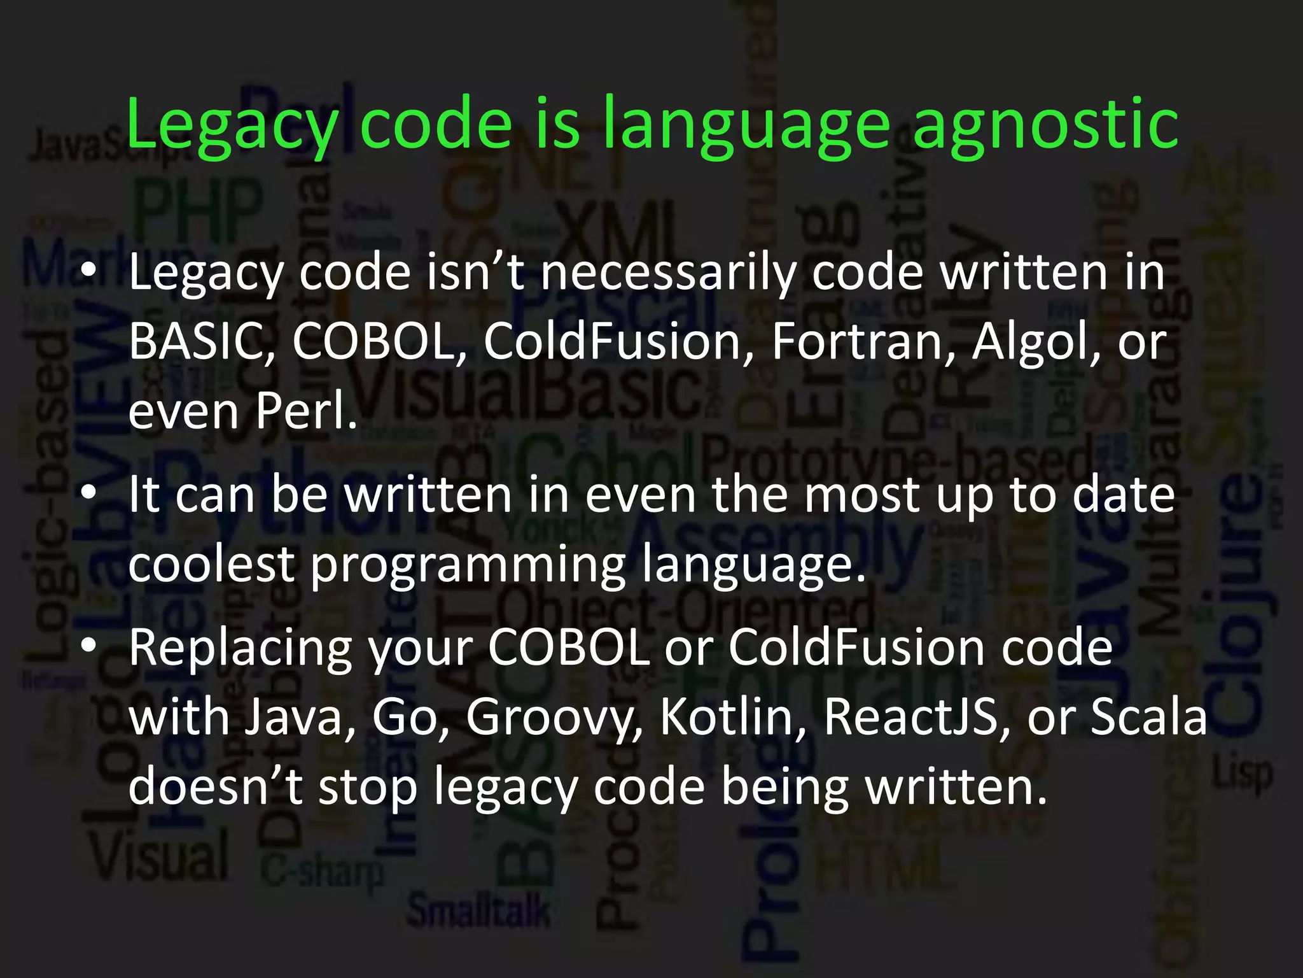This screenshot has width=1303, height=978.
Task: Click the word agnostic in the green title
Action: (x=1045, y=124)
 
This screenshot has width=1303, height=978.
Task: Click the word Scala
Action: (x=1148, y=718)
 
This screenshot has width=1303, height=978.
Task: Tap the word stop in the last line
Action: (x=367, y=787)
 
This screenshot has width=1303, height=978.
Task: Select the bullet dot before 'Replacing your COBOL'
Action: (x=88, y=647)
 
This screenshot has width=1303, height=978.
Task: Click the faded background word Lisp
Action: (x=1243, y=775)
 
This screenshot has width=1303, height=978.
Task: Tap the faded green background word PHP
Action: (x=199, y=208)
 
